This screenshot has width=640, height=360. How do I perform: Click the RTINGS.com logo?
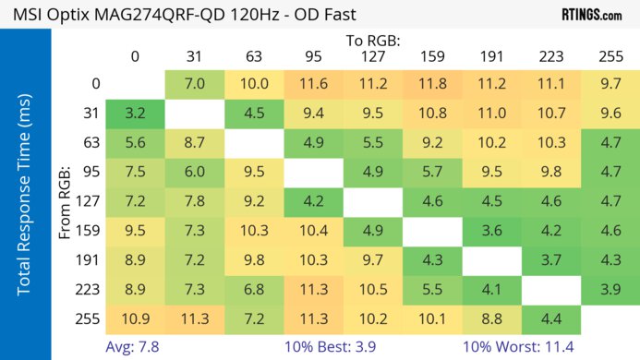pyautogui.click(x=591, y=14)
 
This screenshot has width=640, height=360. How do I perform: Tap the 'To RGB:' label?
pyautogui.click(x=374, y=41)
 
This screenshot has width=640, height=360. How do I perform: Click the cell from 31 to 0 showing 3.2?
pyautogui.click(x=135, y=114)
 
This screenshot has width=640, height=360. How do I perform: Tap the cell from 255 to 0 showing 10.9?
pyautogui.click(x=135, y=319)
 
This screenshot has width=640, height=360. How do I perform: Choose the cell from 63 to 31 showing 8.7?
pyautogui.click(x=194, y=143)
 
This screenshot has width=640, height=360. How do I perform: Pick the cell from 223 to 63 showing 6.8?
pyautogui.click(x=253, y=290)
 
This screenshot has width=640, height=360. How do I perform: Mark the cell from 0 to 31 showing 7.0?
pyautogui.click(x=194, y=85)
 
